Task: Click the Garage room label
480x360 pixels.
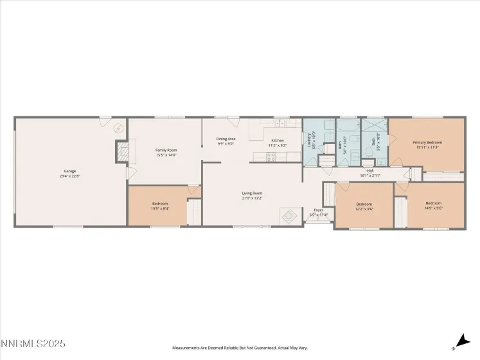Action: pos(69,171)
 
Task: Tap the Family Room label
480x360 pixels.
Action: pos(166,150)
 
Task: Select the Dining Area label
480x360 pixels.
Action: pos(226,139)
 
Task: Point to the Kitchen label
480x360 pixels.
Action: pos(277,140)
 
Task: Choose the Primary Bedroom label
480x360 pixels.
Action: pos(427,143)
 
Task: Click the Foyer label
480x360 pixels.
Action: pos(318,210)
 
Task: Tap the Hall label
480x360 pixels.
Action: pos(370,170)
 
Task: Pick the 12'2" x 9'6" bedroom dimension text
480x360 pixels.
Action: pos(364,209)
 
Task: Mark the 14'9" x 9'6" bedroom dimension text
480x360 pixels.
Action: pos(434,209)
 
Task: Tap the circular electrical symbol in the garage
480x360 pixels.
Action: pos(118,128)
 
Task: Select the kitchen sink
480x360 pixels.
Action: pos(280,122)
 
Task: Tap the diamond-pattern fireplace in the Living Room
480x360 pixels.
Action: pos(289,216)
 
